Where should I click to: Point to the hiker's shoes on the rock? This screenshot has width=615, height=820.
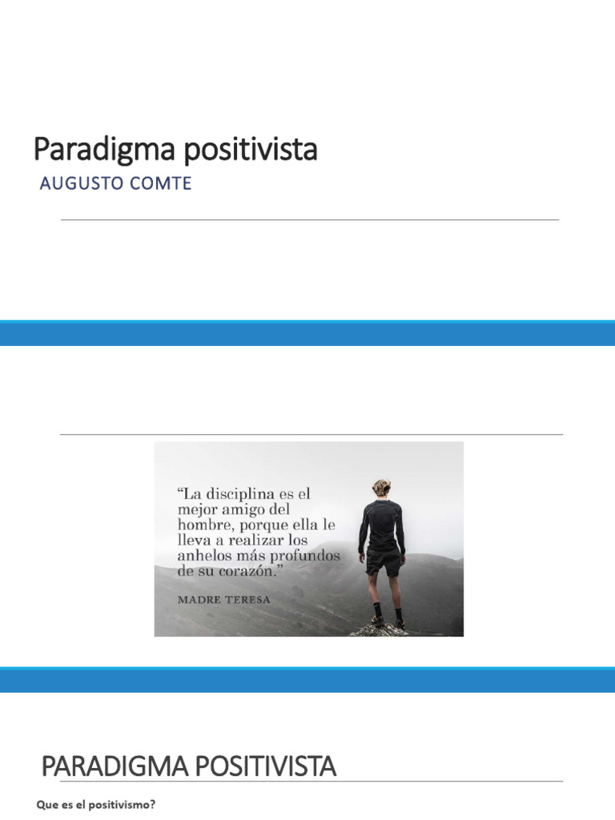tap(388, 621)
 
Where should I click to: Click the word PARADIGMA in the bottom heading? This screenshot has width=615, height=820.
tap(118, 767)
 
